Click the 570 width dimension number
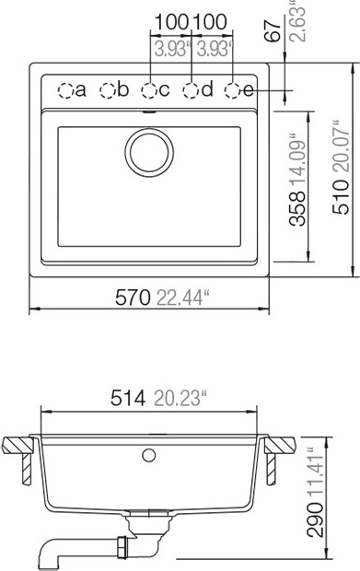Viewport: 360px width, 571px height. [x=133, y=297]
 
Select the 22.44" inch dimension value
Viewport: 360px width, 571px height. [x=184, y=297]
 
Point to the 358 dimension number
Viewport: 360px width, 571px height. [x=297, y=209]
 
